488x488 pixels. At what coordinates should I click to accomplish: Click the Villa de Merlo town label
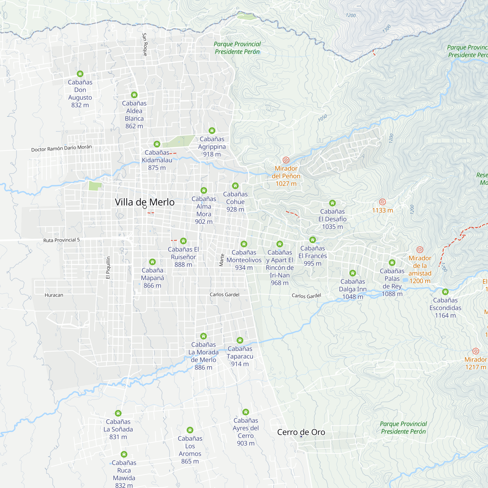144,202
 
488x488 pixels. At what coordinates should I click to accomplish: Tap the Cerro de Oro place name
301,432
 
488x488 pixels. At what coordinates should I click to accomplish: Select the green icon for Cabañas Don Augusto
80,74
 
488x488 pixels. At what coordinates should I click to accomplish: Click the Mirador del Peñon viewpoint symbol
286,160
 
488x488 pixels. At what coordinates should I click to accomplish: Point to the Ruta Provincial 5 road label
61,240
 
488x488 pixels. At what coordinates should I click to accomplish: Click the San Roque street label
145,44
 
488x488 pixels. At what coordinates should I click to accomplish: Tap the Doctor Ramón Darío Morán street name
61,148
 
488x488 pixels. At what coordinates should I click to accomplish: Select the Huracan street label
54,295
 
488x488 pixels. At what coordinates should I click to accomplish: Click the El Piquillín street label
108,268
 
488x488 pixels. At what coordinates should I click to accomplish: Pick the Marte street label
222,260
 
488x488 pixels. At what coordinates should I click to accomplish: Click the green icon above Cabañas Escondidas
445,292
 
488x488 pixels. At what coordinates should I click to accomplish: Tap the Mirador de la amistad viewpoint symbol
420,250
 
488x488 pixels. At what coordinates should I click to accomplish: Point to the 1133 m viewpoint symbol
382,202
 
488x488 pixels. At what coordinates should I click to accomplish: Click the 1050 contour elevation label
322,118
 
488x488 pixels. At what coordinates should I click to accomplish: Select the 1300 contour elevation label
386,29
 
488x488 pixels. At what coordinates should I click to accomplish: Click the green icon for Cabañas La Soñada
118,413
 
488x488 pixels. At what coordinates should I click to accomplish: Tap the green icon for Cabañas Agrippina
212,131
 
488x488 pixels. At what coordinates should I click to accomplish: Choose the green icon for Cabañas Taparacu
240,340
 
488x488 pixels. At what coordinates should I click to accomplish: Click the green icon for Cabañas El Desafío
332,203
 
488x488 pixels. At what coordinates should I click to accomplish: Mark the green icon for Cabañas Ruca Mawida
124,454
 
